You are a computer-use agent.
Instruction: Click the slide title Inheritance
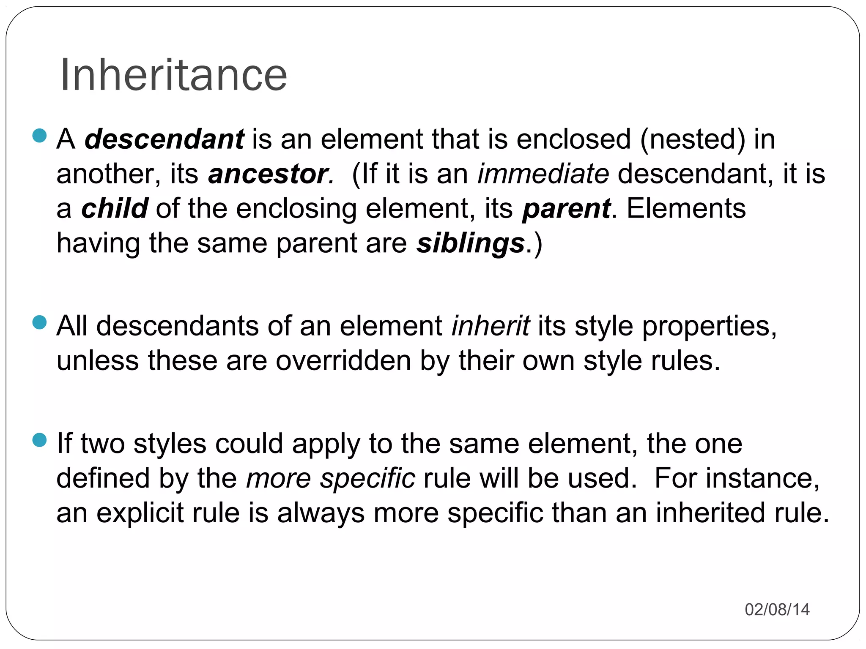(x=174, y=75)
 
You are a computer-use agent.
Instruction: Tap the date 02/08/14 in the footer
(x=777, y=609)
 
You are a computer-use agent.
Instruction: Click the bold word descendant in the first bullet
(x=164, y=139)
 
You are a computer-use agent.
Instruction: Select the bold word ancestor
(x=268, y=174)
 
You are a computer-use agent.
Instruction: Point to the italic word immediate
(x=543, y=174)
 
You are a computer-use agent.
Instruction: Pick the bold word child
(x=114, y=208)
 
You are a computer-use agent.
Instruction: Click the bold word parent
(x=566, y=209)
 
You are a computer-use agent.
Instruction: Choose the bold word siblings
(x=471, y=244)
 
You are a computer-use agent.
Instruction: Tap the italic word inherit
(x=491, y=326)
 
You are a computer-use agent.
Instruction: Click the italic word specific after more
(x=367, y=479)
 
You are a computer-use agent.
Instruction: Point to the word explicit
(x=140, y=513)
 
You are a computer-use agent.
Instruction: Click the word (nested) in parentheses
(x=693, y=139)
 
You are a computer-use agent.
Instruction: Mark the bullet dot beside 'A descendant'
(x=39, y=136)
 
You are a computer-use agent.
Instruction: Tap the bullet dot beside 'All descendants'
(x=39, y=323)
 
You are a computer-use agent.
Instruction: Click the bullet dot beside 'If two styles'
(x=39, y=440)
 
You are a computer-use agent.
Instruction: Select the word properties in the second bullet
(x=709, y=327)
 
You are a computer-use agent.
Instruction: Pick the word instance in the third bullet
(x=762, y=479)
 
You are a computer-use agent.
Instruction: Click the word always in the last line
(x=321, y=513)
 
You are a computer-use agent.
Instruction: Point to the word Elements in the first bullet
(x=686, y=208)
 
